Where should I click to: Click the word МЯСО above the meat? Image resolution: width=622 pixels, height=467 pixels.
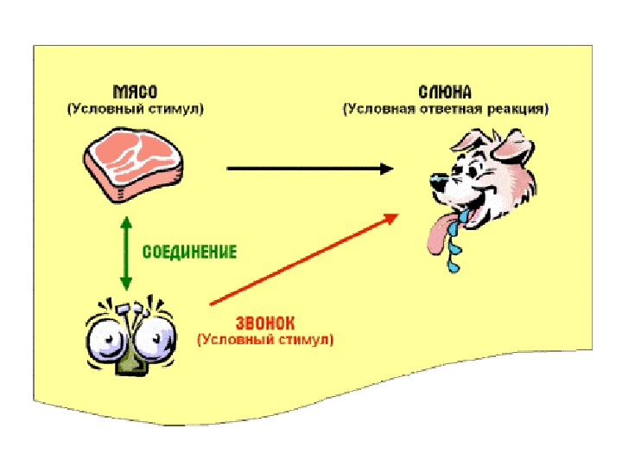pos(134,92)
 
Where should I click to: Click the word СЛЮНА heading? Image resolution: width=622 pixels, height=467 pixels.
pos(445,92)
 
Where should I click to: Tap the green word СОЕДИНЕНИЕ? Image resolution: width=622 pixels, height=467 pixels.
pos(189,252)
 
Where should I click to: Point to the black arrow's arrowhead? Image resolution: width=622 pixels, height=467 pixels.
pos(386,170)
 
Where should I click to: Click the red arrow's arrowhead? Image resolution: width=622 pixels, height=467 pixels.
pos(392,217)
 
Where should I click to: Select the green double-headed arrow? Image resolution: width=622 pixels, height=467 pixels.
pos(126,253)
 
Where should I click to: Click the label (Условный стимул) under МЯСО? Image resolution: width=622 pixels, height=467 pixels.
pos(135,110)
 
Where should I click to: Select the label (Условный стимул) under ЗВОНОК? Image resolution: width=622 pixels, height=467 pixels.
pos(264,340)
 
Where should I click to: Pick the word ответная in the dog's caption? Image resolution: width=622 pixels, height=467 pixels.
pos(454,110)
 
